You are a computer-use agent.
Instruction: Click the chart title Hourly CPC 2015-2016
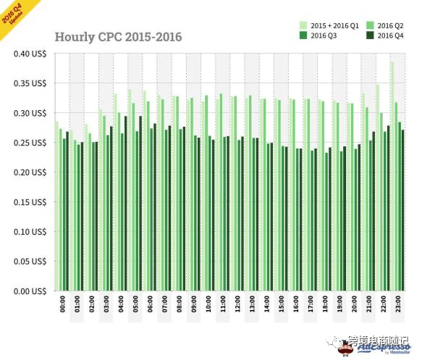(x=119, y=37)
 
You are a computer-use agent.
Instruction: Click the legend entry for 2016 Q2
(x=390, y=25)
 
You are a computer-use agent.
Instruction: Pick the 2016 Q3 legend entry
(x=324, y=35)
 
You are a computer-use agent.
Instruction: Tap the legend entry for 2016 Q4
(x=390, y=35)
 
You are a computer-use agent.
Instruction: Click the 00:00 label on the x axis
(x=62, y=304)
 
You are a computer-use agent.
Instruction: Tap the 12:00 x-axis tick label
(x=237, y=304)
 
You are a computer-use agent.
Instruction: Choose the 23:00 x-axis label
(x=398, y=304)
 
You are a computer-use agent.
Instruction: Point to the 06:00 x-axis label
(x=150, y=304)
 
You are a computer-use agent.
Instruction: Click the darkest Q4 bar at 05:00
(x=140, y=204)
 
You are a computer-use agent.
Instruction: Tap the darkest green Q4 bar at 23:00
(x=403, y=210)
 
